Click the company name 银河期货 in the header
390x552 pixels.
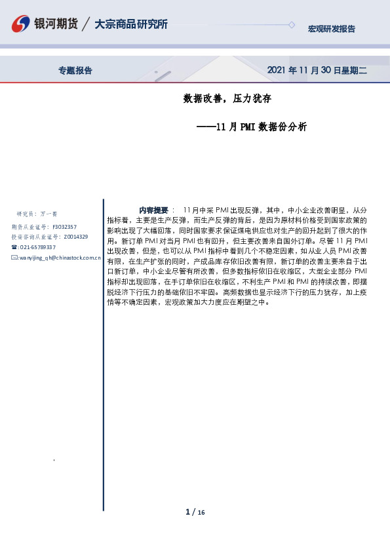[x=57, y=24]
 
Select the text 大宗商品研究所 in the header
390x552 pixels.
[x=131, y=24]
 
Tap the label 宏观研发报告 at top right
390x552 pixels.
[x=332, y=29]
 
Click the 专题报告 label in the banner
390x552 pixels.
[x=75, y=71]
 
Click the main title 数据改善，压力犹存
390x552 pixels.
[x=227, y=99]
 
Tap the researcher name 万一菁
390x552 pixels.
[x=50, y=214]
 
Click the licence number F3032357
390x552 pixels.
[x=64, y=226]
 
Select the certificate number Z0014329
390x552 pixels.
[x=75, y=236]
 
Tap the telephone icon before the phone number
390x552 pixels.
[x=14, y=247]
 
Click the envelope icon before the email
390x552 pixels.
[x=14, y=258]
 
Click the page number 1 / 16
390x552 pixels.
[x=195, y=512]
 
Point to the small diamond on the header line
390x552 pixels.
[x=292, y=25]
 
